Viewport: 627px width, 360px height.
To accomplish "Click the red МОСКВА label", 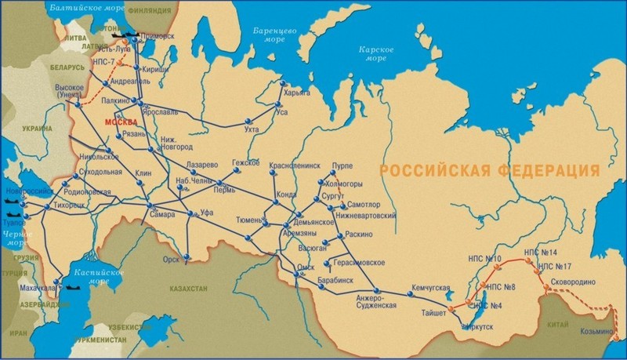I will (x=120, y=124).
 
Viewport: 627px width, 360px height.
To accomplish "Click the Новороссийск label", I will (x=31, y=191).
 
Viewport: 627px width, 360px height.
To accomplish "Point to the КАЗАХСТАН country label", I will (x=187, y=289).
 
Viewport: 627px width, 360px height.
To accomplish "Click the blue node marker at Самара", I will (x=149, y=206).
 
